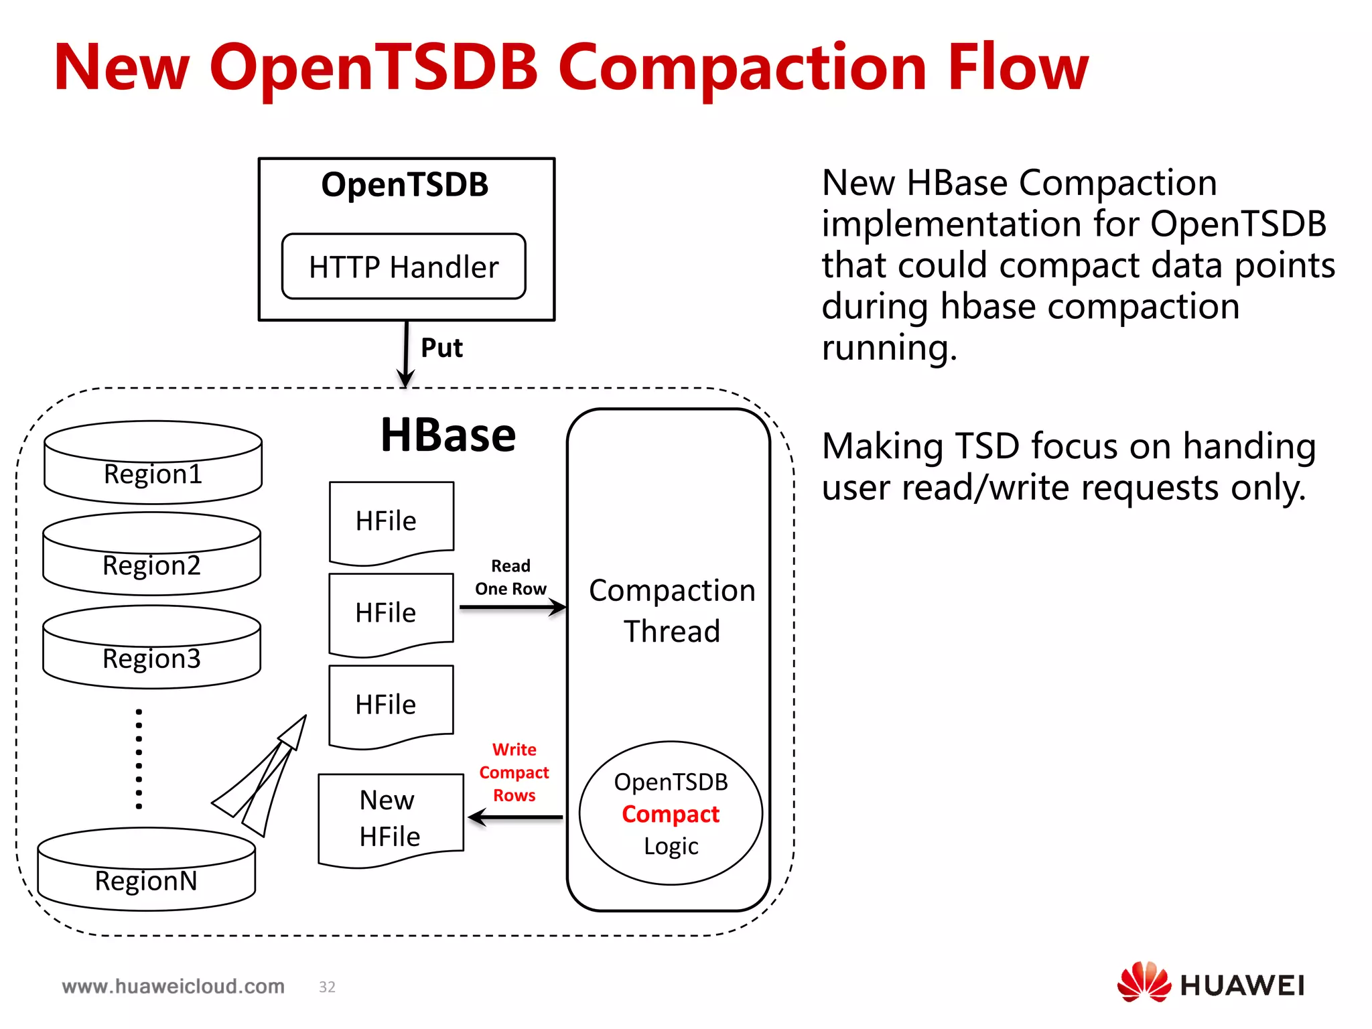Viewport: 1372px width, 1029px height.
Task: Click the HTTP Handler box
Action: [x=403, y=267]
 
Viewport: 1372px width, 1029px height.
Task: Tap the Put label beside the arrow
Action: [x=441, y=348]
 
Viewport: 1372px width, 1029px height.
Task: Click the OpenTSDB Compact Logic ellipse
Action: [x=671, y=813]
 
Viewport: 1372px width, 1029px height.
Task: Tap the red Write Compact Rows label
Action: [x=514, y=772]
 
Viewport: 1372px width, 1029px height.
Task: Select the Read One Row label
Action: [x=510, y=577]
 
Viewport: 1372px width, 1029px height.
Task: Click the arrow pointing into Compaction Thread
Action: [x=512, y=608]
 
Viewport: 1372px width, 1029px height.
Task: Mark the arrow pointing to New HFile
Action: [x=515, y=817]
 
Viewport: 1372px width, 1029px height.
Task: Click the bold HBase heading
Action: [x=448, y=435]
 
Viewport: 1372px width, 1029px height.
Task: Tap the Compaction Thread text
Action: [x=671, y=610]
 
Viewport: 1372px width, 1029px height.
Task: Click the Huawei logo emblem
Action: [x=1143, y=982]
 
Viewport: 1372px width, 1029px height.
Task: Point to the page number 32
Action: [x=327, y=987]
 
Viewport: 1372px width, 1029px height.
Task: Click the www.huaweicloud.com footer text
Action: [x=173, y=986]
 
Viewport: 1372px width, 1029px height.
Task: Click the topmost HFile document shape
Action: [x=391, y=521]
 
